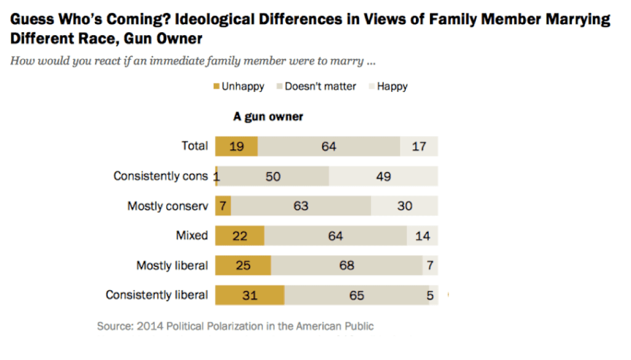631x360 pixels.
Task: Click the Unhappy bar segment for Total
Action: click(236, 146)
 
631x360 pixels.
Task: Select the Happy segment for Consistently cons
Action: click(383, 176)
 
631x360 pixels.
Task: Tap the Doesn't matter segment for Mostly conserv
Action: click(301, 206)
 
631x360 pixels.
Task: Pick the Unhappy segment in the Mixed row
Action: click(239, 235)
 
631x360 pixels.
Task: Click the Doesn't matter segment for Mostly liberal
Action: click(346, 265)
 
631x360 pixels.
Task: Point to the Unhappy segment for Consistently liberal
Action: click(249, 295)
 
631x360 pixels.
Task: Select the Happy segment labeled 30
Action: click(404, 206)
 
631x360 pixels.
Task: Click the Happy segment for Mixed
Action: click(422, 235)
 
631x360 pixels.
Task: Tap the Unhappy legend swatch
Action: click(216, 86)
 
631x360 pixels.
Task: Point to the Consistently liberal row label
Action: click(157, 295)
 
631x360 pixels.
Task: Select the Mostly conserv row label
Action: click(168, 206)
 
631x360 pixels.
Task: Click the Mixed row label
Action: click(192, 235)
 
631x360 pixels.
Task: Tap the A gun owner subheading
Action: click(267, 117)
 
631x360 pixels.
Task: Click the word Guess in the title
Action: click(32, 20)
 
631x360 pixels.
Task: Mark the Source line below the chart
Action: click(235, 326)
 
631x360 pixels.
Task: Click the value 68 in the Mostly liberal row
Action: click(346, 265)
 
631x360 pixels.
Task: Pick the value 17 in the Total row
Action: click(418, 147)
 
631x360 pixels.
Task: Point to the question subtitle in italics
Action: click(193, 62)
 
